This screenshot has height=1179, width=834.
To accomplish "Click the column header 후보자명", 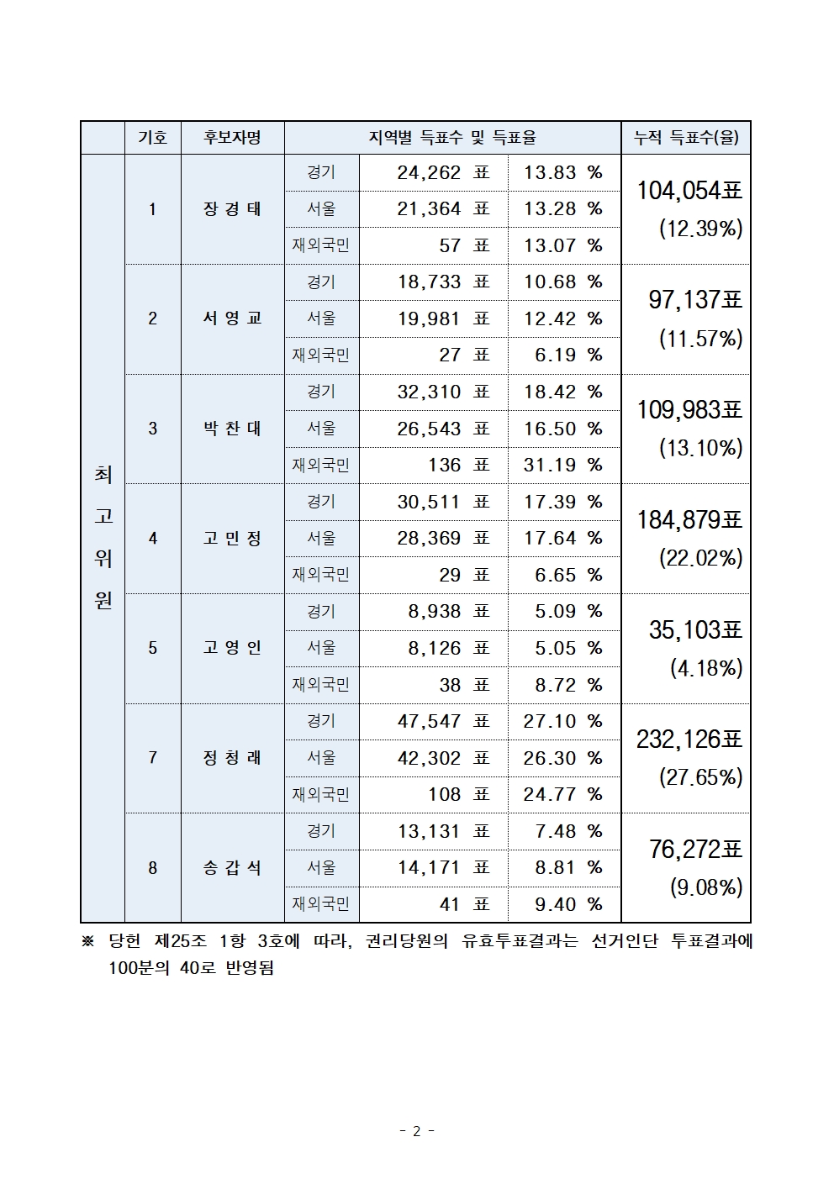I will pyautogui.click(x=232, y=138).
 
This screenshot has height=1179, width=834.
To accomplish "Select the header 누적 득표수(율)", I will pyautogui.click(x=685, y=138).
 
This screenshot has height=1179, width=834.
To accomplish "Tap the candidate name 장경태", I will pyautogui.click(x=232, y=209).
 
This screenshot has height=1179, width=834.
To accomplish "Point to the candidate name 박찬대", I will pyautogui.click(x=232, y=429).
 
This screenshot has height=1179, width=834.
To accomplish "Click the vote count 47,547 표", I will pyautogui.click(x=443, y=721).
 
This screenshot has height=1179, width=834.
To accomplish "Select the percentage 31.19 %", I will pyautogui.click(x=562, y=465).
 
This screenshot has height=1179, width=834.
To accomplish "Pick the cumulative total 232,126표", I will pyautogui.click(x=689, y=740).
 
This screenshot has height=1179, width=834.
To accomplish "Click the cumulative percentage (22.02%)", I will pyautogui.click(x=700, y=558).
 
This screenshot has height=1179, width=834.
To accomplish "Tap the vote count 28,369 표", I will pyautogui.click(x=443, y=538).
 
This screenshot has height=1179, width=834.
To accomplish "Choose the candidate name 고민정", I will pyautogui.click(x=232, y=538).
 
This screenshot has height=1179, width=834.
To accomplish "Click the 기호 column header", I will pyautogui.click(x=152, y=138).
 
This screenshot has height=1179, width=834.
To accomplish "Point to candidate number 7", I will pyautogui.click(x=152, y=758).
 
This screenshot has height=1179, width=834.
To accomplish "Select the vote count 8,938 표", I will pyautogui.click(x=448, y=612).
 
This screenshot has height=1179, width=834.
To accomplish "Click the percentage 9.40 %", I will pyautogui.click(x=568, y=904).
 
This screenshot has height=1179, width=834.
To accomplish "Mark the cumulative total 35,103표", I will pyautogui.click(x=695, y=629).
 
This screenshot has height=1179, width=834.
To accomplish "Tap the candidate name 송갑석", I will pyautogui.click(x=232, y=868).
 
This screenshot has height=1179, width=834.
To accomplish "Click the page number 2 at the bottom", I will pyautogui.click(x=416, y=1131).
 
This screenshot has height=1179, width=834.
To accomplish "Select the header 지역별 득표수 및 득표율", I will pyautogui.click(x=452, y=138).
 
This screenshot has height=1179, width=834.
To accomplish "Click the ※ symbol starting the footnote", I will pyautogui.click(x=88, y=942).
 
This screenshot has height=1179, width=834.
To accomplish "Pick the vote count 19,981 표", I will pyautogui.click(x=443, y=318).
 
